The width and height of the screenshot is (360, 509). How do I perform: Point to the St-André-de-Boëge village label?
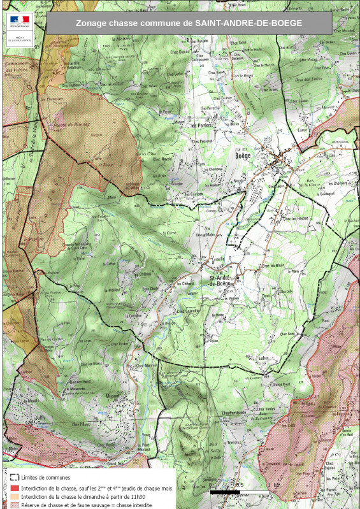(x=219, y=280)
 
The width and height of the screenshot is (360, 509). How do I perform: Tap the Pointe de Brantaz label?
(x=71, y=124)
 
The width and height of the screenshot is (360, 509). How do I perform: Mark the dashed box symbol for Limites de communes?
(x=14, y=477)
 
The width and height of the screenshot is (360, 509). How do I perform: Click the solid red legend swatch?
(x=14, y=487)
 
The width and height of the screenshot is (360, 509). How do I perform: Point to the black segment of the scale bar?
(x=224, y=492)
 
